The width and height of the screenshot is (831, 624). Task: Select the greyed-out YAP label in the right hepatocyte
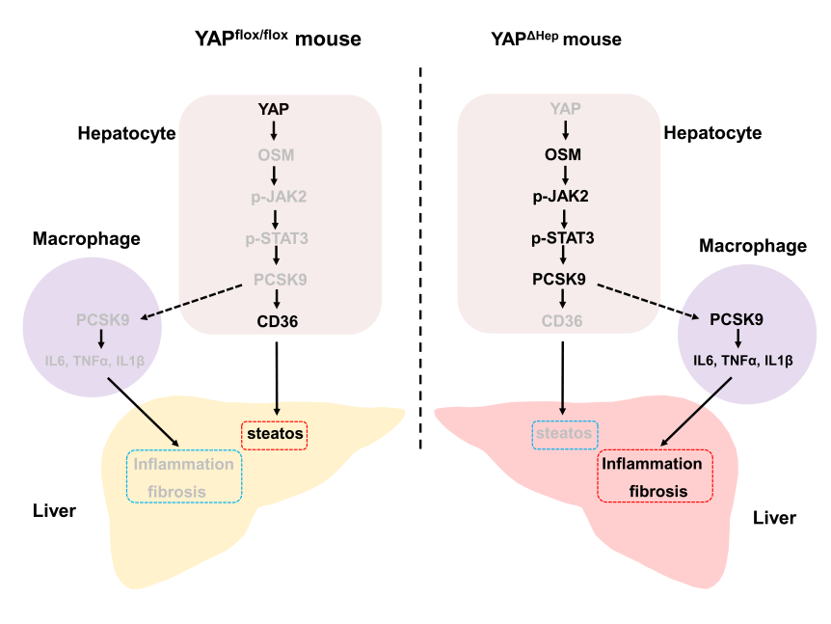(565, 108)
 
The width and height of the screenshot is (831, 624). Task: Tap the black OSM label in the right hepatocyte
(565, 153)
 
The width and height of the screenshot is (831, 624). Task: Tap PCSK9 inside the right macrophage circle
(737, 318)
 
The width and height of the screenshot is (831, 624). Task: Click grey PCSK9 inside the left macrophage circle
(98, 318)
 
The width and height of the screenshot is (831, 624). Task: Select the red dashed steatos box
(274, 435)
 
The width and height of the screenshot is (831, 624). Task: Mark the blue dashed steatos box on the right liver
(565, 434)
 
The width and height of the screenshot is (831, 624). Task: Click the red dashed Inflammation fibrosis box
(656, 476)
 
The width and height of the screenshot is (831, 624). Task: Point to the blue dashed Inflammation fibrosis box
(183, 476)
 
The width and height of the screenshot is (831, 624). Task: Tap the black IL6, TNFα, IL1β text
(742, 360)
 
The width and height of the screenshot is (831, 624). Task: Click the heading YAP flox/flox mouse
(278, 39)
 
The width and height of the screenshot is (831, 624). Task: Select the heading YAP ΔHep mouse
(556, 39)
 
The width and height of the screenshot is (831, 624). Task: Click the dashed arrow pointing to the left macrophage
(193, 301)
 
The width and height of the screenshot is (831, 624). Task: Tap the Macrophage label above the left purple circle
(87, 238)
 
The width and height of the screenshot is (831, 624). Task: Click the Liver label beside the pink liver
(774, 518)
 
